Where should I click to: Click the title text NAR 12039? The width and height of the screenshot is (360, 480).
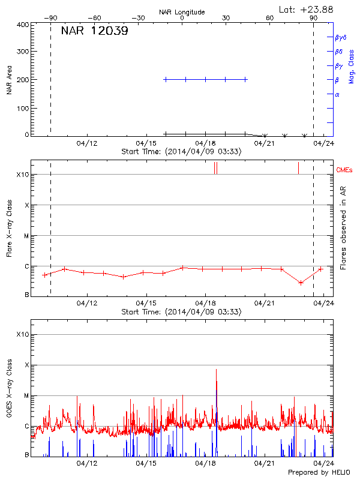(x=94, y=31)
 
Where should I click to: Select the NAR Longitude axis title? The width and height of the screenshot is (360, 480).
(x=182, y=12)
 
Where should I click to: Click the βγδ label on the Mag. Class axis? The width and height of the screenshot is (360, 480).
(x=340, y=37)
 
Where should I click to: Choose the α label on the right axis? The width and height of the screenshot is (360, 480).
(x=337, y=94)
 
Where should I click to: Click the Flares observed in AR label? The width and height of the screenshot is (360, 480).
(x=343, y=231)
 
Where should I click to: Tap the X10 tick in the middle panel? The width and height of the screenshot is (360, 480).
(x=22, y=175)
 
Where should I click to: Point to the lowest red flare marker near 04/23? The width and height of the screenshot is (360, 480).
(x=301, y=283)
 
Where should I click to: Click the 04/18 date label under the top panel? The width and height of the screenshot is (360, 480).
(x=205, y=143)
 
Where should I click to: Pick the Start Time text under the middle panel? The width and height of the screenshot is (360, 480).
(x=181, y=312)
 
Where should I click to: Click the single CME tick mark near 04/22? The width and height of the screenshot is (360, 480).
(x=298, y=167)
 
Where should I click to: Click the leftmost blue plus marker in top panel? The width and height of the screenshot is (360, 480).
(x=166, y=79)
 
